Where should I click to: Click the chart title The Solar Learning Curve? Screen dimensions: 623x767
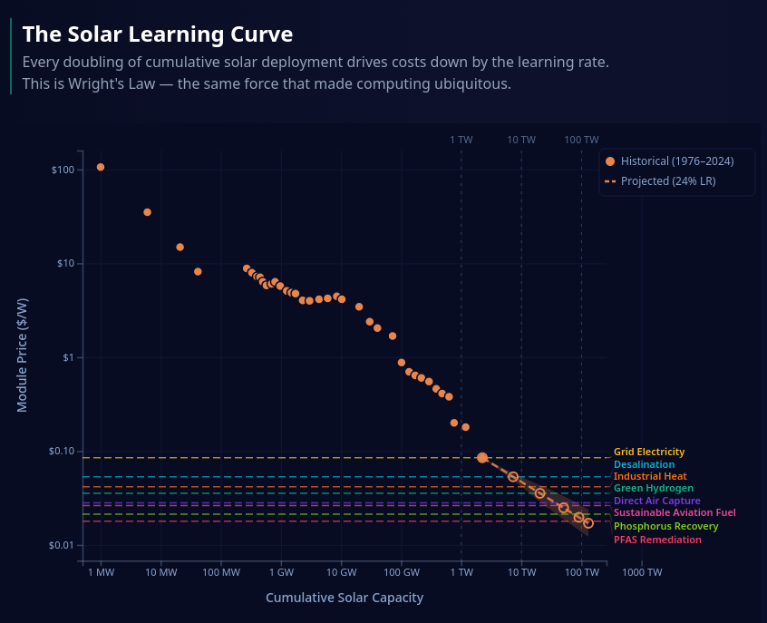click(158, 34)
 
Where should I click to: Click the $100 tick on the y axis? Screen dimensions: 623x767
click(63, 170)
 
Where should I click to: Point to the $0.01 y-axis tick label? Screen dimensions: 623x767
click(60, 546)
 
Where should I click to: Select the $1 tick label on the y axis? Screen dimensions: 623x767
click(66, 358)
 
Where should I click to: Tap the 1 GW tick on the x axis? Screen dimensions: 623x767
click(281, 573)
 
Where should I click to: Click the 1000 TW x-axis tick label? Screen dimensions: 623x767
click(642, 573)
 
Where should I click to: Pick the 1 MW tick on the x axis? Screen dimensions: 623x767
click(101, 573)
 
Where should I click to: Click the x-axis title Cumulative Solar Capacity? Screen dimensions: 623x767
click(345, 598)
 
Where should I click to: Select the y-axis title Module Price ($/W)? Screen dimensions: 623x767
click(23, 355)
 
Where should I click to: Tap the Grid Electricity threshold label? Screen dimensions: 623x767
click(649, 452)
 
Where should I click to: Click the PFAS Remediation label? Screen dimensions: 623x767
click(657, 540)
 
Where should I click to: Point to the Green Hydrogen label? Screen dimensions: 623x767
click(653, 489)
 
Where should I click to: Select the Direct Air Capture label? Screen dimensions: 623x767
click(656, 501)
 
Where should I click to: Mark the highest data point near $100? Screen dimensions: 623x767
click(101, 167)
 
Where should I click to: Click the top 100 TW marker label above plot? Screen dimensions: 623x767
click(581, 140)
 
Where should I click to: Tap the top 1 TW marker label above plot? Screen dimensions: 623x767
click(461, 140)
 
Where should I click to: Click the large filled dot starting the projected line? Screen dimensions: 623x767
click(482, 458)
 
